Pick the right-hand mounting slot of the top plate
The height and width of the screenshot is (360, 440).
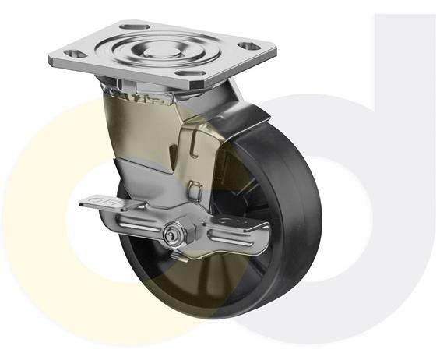click(x=248, y=46)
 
